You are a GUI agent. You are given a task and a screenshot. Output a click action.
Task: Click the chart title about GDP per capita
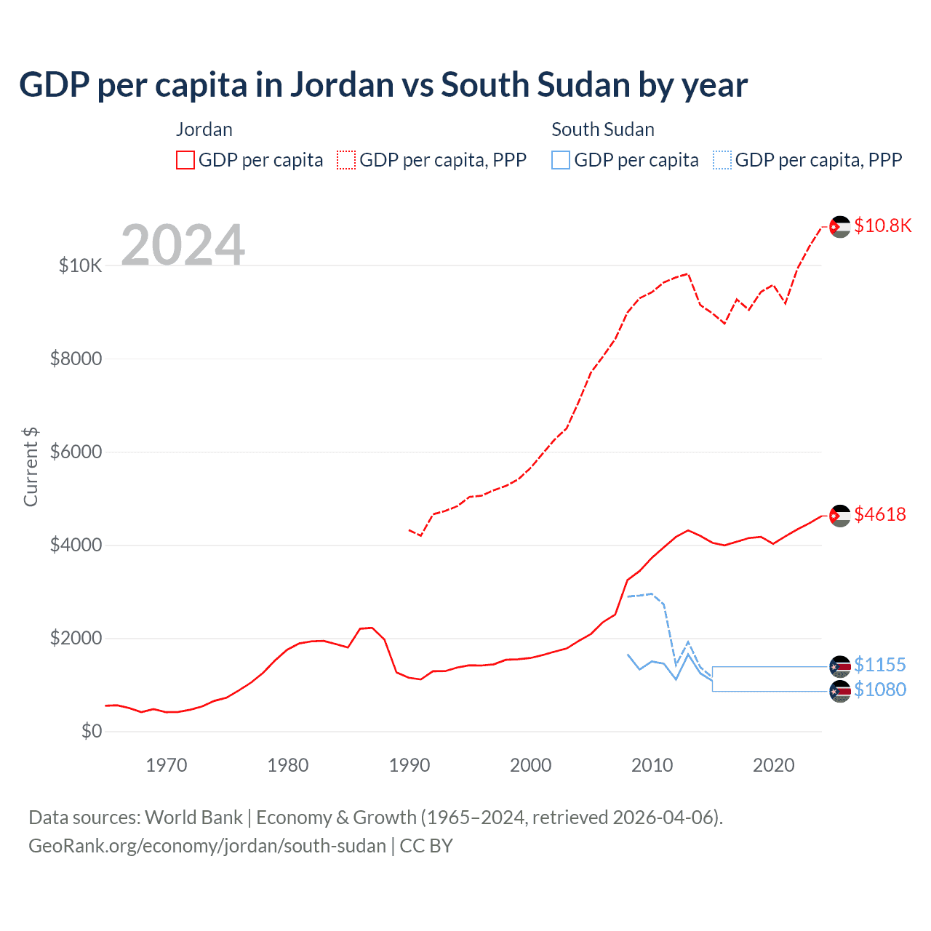pos(383,85)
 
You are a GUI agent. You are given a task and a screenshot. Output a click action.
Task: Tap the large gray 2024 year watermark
pos(183,245)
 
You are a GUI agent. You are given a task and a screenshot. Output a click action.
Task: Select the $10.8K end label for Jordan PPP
pos(882,226)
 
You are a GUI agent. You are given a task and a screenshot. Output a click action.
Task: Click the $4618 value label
pos(880,515)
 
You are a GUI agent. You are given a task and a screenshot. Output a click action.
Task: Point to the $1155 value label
pos(880,666)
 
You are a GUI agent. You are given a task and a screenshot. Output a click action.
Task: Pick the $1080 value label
pos(880,690)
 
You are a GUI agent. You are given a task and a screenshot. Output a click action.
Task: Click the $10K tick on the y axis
pos(80,266)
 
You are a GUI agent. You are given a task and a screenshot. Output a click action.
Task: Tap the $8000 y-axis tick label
pos(76,359)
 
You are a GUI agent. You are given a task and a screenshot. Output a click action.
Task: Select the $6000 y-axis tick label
pos(76,452)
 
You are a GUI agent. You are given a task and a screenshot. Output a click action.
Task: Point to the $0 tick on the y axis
pos(91,732)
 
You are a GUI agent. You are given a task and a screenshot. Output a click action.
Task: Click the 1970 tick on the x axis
pos(167,766)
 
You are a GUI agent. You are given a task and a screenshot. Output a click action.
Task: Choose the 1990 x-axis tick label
pos(409,766)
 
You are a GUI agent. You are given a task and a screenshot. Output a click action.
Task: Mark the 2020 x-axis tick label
pos(773,766)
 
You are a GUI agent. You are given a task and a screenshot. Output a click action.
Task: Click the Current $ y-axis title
pos(31,467)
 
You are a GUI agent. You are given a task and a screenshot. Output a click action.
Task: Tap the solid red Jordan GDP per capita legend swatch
pos(185,160)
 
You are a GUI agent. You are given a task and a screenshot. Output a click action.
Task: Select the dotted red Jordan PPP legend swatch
pos(346,160)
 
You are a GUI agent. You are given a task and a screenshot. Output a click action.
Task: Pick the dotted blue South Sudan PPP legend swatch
pos(722,160)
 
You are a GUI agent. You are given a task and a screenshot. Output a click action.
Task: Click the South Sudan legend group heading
pos(603,130)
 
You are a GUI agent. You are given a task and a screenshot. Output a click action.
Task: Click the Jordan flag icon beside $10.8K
pos(840,227)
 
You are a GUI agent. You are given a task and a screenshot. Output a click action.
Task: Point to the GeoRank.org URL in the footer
pos(207,847)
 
